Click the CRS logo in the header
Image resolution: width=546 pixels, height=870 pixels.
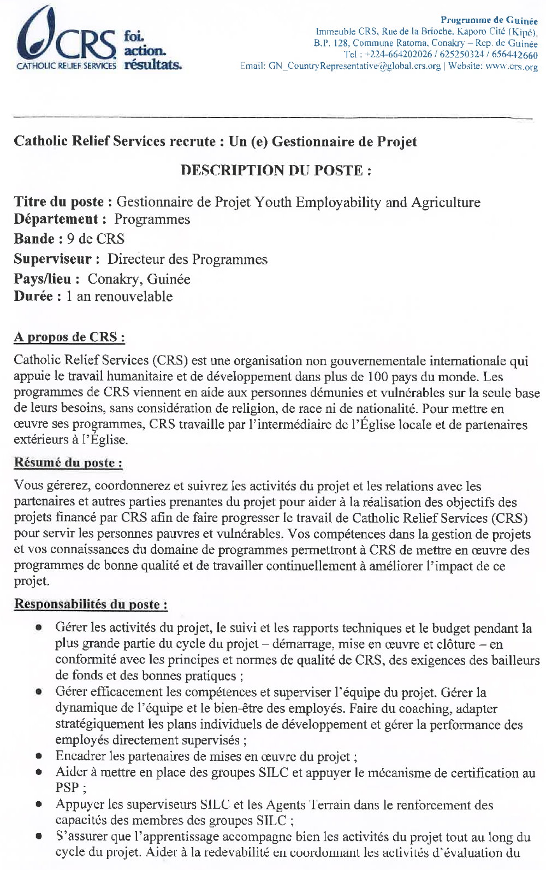[66, 38]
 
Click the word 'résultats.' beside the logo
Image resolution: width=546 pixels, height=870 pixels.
[153, 65]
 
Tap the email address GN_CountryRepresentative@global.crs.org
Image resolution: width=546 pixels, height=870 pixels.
[354, 66]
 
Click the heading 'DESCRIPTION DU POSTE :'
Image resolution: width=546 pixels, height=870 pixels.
[276, 170]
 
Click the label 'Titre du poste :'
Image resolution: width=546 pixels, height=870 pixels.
[63, 202]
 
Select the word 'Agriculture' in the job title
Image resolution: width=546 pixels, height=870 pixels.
[446, 202]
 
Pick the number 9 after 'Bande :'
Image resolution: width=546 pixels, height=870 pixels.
[70, 239]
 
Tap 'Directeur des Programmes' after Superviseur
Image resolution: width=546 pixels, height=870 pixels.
[187, 259]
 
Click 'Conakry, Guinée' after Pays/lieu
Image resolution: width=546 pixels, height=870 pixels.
[139, 279]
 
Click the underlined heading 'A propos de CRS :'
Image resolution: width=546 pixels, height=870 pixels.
[69, 337]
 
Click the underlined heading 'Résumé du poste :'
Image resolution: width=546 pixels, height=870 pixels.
[68, 463]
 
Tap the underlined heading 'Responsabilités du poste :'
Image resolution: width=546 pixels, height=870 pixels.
[91, 604]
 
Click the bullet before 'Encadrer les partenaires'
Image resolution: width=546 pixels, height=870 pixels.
[39, 757]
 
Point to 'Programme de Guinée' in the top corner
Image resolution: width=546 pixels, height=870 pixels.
[489, 20]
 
